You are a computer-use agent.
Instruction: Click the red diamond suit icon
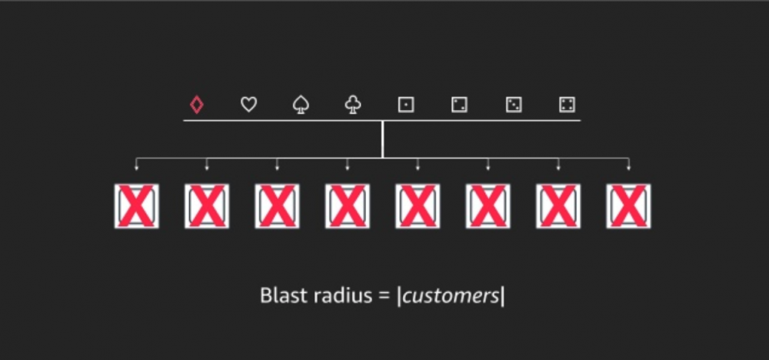pos(196,105)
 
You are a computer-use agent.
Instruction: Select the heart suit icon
pos(248,105)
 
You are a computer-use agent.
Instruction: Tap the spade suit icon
pos(301,105)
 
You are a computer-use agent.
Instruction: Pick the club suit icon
pos(353,105)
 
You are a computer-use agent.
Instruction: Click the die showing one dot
pos(405,105)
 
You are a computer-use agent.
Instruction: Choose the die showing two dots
pos(459,105)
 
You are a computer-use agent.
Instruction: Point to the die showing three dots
pos(514,105)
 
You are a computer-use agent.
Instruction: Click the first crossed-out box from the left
pos(136,205)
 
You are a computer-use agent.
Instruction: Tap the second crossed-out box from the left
pos(207,205)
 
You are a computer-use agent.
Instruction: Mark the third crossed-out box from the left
pos(277,205)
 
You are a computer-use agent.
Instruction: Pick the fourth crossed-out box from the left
pos(348,205)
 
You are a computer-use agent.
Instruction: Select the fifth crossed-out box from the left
pos(418,205)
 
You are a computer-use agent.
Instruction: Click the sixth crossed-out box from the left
pos(488,205)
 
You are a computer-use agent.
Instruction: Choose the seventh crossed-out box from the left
pos(558,205)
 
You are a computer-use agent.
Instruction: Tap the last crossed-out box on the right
pos(628,205)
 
